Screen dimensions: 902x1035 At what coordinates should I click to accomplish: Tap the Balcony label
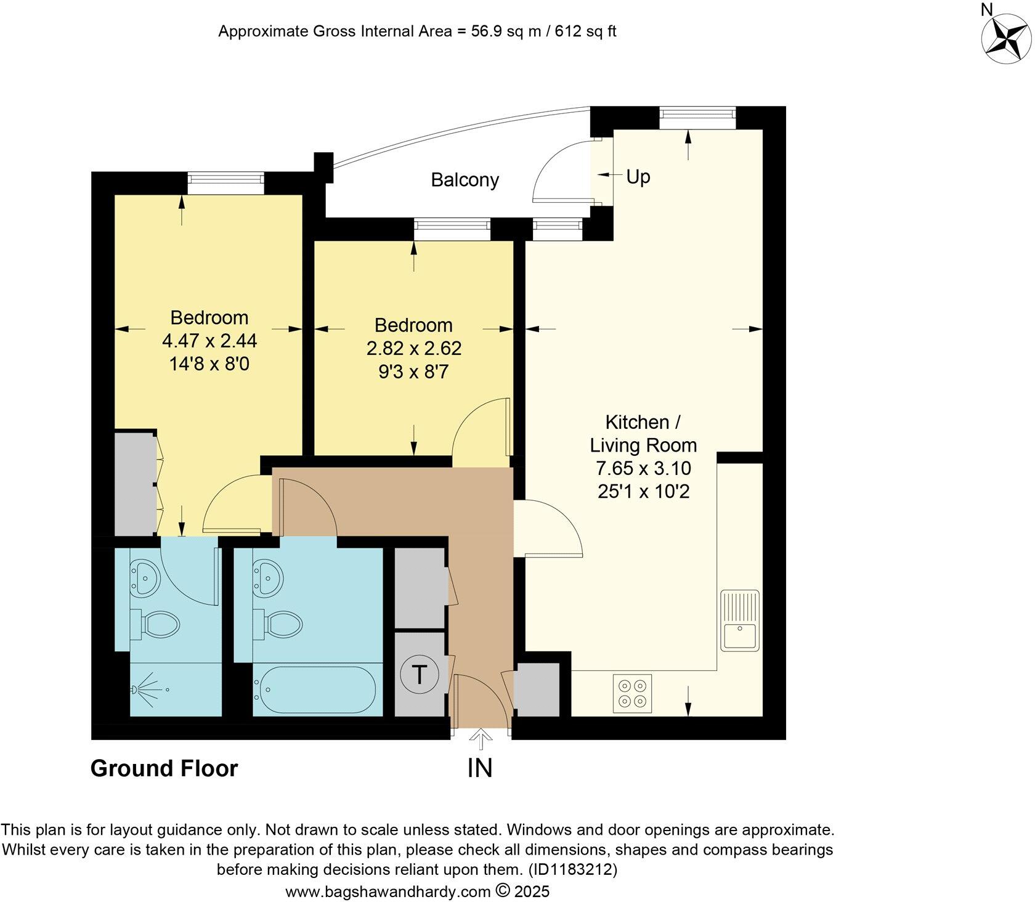click(x=465, y=180)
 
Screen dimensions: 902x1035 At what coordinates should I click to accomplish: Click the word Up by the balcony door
click(x=638, y=177)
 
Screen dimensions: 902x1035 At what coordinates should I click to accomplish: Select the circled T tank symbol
click(x=419, y=675)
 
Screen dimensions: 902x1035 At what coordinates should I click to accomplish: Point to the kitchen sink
click(x=740, y=620)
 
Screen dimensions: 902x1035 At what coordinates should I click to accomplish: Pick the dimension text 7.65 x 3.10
click(x=643, y=468)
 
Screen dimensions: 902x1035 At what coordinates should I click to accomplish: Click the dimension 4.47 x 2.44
click(x=209, y=340)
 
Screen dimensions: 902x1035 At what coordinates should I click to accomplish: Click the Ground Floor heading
click(x=164, y=768)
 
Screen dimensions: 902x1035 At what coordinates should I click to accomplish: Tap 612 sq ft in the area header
click(x=585, y=31)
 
